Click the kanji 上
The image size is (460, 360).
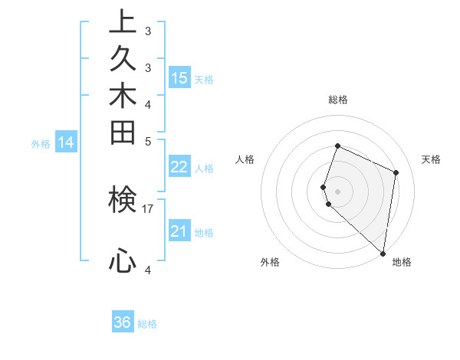(123, 22)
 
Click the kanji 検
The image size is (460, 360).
(123, 200)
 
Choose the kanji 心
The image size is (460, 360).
(123, 262)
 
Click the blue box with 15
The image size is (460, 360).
(179, 77)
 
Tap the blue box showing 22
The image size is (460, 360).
(179, 168)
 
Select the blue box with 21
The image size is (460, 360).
(179, 231)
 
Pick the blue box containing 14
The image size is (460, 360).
(66, 142)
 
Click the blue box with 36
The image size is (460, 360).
(123, 322)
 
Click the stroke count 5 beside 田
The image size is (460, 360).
(148, 140)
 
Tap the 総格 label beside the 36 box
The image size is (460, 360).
(147, 324)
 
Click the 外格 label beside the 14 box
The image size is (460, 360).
(41, 143)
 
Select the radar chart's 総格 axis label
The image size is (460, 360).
(338, 100)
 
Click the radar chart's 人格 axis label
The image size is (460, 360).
(245, 159)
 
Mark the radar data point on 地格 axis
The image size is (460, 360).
(383, 254)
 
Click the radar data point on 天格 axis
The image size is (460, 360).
(396, 172)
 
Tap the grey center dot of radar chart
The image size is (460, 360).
(338, 190)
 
